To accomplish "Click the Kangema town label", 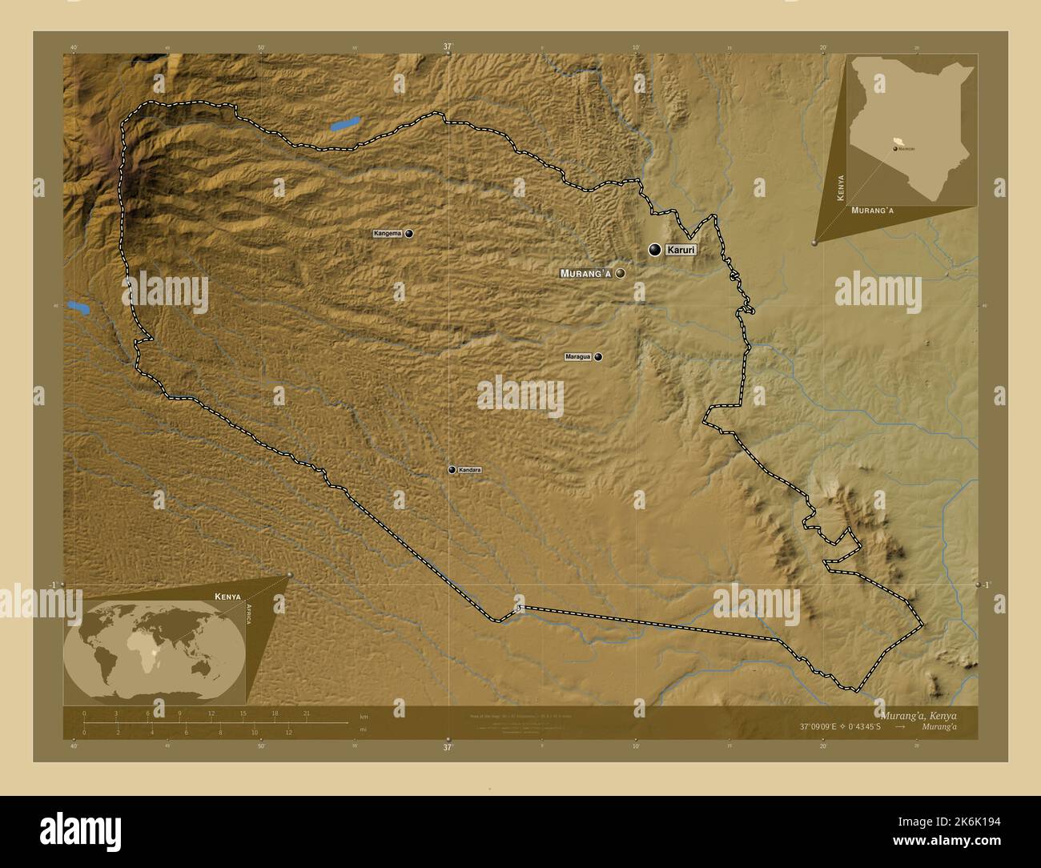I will tap(388, 234).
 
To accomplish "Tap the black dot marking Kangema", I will tap(409, 234).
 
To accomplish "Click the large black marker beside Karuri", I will tap(655, 251).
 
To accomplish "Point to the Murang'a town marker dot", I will tap(620, 273).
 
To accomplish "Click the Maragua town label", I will tap(579, 357).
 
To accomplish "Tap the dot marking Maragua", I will tap(598, 357).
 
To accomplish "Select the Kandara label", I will tap(469, 470).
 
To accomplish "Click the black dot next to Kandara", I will tap(452, 470).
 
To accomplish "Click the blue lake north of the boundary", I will tap(344, 124).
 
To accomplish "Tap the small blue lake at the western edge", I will tap(78, 306).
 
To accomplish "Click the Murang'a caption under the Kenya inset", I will tap(872, 210).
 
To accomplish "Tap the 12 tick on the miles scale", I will tap(288, 732).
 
